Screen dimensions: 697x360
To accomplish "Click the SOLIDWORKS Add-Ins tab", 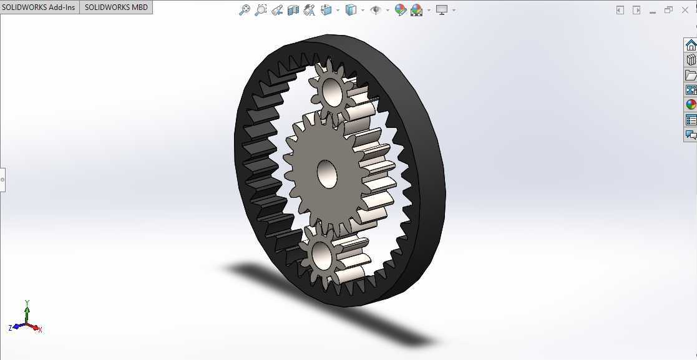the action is [x=39, y=7].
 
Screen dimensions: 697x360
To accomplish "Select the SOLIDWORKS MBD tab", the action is [x=116, y=7].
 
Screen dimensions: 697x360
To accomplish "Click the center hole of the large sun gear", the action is [x=327, y=173].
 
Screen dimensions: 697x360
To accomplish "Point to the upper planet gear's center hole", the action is [x=333, y=94].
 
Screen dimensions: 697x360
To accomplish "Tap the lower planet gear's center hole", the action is [x=321, y=255].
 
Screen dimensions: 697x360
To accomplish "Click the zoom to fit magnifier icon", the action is [x=245, y=10].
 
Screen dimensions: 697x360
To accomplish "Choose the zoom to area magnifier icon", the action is [x=260, y=10].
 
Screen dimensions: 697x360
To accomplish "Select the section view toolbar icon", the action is [x=293, y=10].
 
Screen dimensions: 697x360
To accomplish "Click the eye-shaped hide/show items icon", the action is [x=376, y=10].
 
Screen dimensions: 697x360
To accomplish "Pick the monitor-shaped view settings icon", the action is [x=442, y=10].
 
